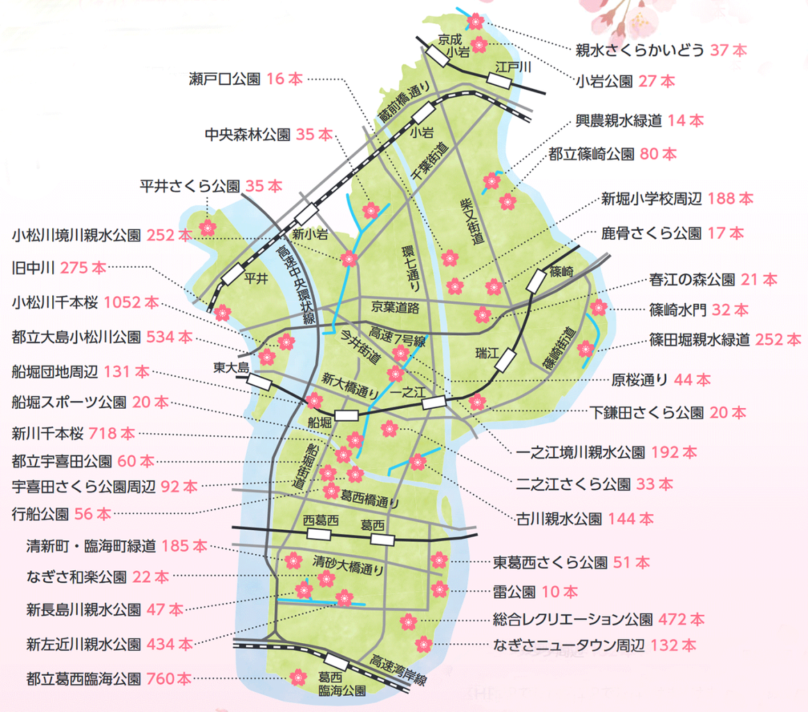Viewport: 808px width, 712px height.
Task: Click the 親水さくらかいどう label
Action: pos(640,51)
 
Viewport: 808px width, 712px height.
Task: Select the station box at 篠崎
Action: pos(537,282)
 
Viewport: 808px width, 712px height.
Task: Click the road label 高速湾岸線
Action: pos(398,670)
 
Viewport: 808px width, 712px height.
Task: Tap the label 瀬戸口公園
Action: pos(224,79)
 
